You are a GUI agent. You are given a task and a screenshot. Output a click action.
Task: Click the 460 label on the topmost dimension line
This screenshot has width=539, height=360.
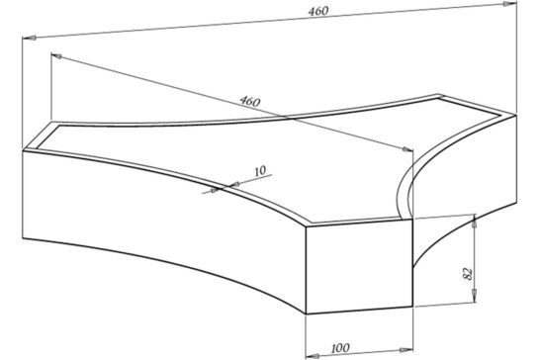(318, 11)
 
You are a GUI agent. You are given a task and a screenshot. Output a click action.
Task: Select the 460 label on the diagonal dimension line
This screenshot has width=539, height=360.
(250, 101)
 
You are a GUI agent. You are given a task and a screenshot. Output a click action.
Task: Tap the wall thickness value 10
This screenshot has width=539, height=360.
(260, 171)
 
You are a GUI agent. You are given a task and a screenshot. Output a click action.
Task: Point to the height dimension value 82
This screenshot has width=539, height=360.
(468, 274)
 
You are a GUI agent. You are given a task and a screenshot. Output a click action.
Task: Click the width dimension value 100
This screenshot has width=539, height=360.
(340, 348)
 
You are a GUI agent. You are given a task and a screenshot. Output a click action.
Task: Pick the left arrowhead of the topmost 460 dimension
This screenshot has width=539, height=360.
(29, 38)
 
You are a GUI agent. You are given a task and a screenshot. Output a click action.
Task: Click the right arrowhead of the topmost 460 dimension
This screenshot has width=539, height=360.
(510, 4)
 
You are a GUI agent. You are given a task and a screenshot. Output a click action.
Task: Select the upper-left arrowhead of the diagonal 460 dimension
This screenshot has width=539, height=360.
(56, 56)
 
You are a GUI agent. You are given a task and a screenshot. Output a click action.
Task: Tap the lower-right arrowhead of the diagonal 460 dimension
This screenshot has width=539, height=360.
(407, 149)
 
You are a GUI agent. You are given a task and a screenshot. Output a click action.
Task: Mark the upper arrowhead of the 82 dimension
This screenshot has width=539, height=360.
(475, 221)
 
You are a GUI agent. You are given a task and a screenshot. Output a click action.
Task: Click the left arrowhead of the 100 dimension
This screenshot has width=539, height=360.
(313, 355)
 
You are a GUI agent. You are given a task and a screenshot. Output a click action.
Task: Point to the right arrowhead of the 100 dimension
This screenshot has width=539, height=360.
(405, 350)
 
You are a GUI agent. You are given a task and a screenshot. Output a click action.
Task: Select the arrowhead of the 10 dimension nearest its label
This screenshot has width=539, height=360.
(234, 185)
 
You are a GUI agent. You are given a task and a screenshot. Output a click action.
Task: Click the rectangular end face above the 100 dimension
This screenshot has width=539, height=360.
(359, 267)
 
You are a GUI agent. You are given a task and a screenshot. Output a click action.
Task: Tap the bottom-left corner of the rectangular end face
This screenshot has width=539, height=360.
(306, 314)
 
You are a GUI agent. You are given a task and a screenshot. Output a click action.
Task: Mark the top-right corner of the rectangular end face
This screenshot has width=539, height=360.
(412, 220)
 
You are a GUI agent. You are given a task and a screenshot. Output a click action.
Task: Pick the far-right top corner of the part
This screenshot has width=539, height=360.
(516, 115)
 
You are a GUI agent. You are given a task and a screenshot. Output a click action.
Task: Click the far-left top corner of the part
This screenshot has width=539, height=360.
(23, 150)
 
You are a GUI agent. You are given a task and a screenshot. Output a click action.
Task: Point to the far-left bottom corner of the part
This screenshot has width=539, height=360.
(23, 238)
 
